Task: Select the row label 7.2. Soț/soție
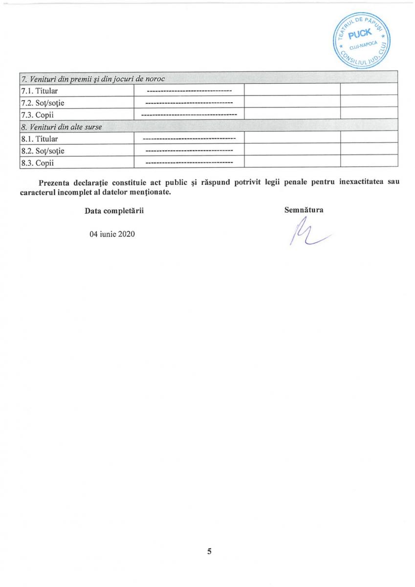pyautogui.click(x=43, y=103)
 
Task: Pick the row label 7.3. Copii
pyautogui.click(x=37, y=115)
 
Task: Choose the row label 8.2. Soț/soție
pyautogui.click(x=43, y=151)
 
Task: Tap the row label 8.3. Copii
pyautogui.click(x=37, y=163)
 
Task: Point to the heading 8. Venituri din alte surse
pyautogui.click(x=61, y=127)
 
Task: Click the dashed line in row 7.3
pyautogui.click(x=189, y=115)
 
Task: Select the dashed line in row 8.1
pyautogui.click(x=189, y=139)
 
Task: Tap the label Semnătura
pyautogui.click(x=304, y=210)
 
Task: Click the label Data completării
pyautogui.click(x=114, y=210)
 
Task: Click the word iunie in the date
pyautogui.click(x=108, y=234)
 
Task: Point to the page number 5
pyautogui.click(x=209, y=551)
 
